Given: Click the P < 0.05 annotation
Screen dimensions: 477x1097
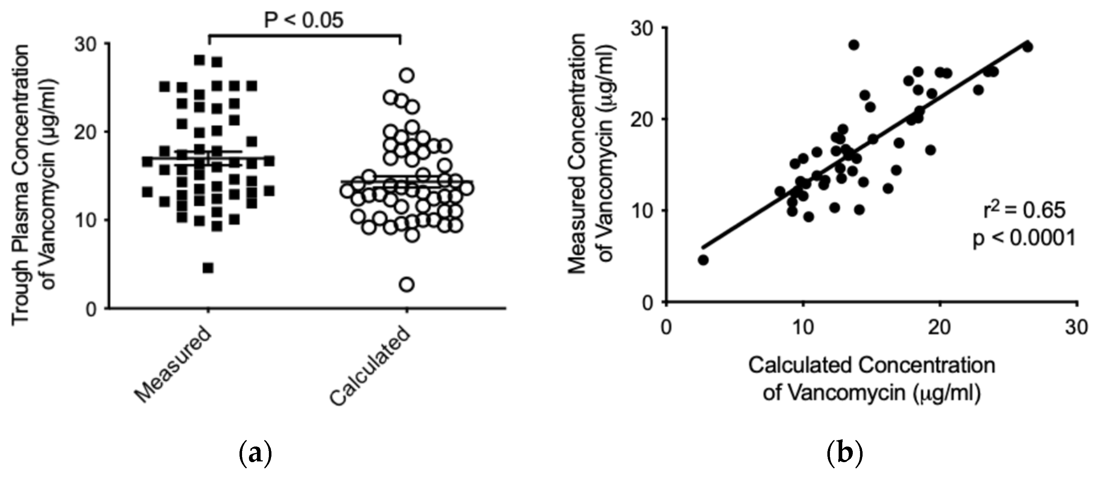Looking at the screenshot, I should (x=304, y=20).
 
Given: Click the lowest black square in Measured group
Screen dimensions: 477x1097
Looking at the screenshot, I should (x=208, y=268).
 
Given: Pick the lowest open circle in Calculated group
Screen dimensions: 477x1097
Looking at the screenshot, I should (x=407, y=284).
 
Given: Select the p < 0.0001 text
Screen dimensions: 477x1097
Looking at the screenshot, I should (x=1024, y=238).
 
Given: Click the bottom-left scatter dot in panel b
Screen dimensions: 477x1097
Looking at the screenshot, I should (x=703, y=260).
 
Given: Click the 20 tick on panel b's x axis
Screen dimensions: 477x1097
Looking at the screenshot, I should (x=940, y=328).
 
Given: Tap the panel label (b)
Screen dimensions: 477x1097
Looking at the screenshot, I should (x=844, y=454).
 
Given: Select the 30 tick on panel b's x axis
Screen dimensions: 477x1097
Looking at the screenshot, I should (x=1077, y=328).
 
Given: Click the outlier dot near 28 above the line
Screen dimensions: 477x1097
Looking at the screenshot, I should (x=854, y=45).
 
